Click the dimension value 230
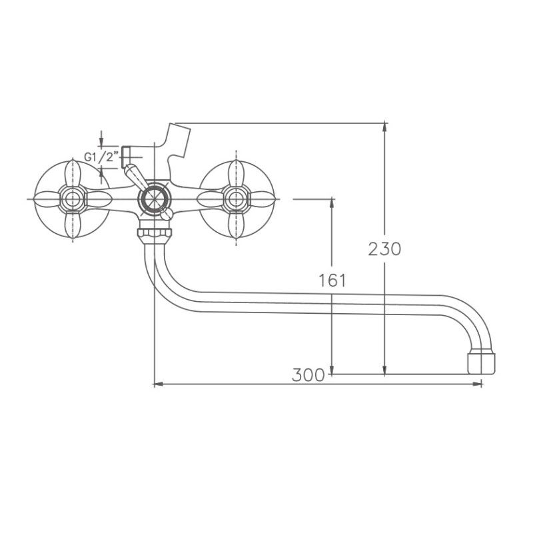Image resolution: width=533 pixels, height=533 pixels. [x=385, y=249]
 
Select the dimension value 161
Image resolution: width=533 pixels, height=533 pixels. [x=332, y=280]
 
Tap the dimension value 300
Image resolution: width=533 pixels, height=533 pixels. [x=308, y=375]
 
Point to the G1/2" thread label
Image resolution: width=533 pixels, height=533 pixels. [x=101, y=157]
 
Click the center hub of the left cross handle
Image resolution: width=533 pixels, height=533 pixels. [x=71, y=199]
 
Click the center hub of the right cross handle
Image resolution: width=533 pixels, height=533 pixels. [x=235, y=199]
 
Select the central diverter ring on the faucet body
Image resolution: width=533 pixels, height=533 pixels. [x=153, y=199]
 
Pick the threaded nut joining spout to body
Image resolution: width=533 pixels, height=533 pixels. [x=154, y=234]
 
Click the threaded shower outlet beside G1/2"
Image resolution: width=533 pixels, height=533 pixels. [x=128, y=154]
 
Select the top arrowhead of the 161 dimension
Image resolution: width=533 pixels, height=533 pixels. [x=332, y=203]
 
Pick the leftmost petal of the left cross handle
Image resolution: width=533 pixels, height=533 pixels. [x=45, y=199]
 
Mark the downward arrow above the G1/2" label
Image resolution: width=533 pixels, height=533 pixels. [x=101, y=143]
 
